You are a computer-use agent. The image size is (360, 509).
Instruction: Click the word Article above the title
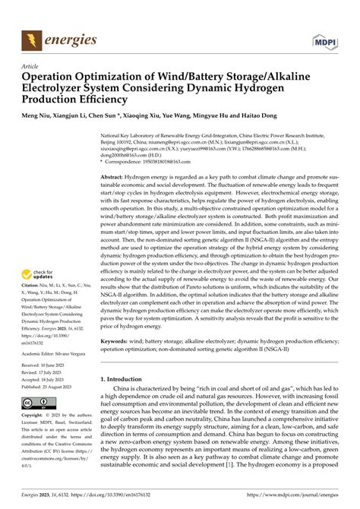pos(32,65)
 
